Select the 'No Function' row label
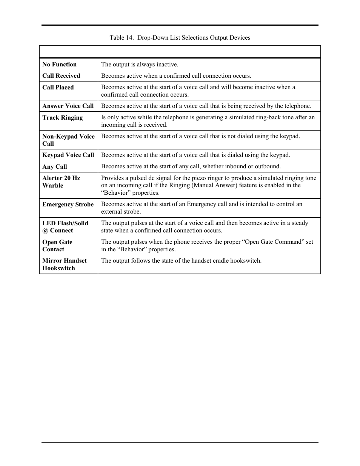pos(60,65)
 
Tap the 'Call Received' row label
pos(61,76)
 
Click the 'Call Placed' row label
pos(58,88)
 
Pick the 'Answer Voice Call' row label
pos(68,106)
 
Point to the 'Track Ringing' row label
pos(63,118)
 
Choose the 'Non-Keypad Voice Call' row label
pos(68,140)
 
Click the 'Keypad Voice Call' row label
pos(68,155)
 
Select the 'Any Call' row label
pos(55,167)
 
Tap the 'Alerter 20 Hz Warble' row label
pos(61,181)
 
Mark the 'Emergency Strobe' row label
pos(68,205)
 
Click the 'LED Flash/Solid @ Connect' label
pos(65,227)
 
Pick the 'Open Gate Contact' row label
pos(57,246)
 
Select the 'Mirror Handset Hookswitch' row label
pos(65,265)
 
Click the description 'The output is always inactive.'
pos(140,65)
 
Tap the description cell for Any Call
pos(191,166)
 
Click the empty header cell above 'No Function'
pos(68,52)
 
